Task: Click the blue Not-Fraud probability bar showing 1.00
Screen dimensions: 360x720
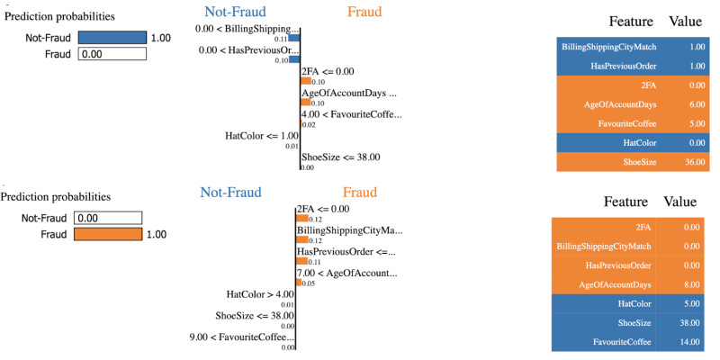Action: (112, 39)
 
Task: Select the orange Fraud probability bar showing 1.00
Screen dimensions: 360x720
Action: (108, 235)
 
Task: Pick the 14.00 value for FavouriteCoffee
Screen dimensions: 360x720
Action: (690, 342)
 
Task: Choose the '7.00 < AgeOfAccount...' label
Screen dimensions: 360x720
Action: (347, 273)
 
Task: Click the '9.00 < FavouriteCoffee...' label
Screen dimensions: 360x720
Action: (241, 337)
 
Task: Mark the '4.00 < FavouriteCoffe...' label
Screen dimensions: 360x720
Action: (352, 114)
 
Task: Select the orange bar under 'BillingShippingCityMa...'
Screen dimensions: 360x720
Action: (302, 240)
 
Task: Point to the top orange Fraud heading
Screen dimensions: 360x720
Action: (363, 12)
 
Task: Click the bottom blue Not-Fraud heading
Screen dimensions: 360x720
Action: (230, 192)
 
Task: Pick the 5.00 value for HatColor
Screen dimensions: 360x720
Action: (693, 304)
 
